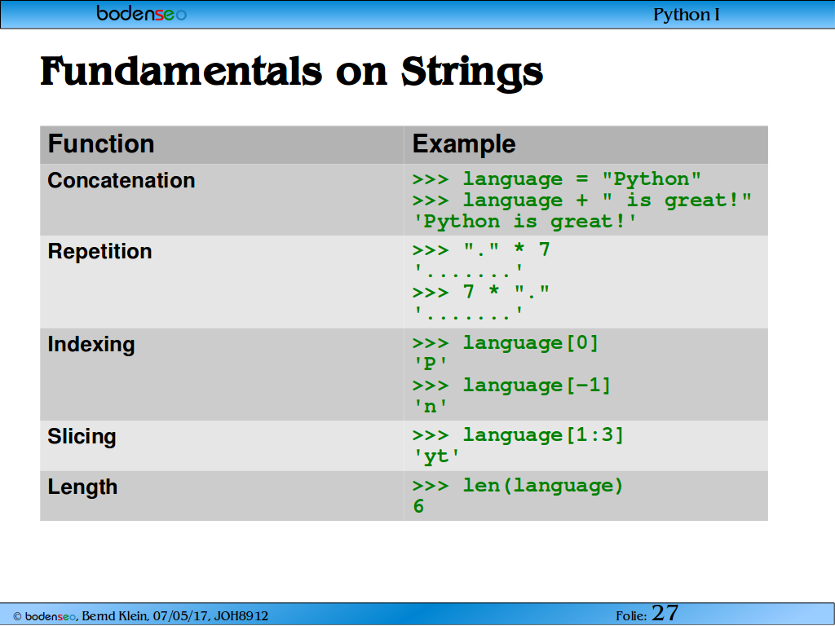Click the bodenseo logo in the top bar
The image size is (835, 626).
[x=141, y=13]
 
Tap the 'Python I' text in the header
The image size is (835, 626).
[x=687, y=15]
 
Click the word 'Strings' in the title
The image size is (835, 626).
[x=472, y=73]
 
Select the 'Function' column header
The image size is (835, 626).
[x=101, y=143]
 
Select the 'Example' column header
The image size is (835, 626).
[x=464, y=143]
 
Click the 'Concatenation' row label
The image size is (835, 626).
[x=121, y=180]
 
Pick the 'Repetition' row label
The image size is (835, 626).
[x=100, y=252]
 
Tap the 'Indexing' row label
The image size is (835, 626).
[x=91, y=345]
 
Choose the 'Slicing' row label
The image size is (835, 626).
[x=82, y=437]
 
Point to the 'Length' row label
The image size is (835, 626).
[x=82, y=487]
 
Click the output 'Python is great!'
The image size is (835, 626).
[x=525, y=222]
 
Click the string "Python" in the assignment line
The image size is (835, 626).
[x=652, y=179]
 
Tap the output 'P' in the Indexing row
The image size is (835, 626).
[x=431, y=364]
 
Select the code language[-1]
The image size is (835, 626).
[x=537, y=386]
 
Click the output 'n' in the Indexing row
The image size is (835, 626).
[x=431, y=407]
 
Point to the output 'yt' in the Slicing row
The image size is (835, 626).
[x=436, y=456]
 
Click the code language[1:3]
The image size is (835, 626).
[x=542, y=435]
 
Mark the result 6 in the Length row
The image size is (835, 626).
[x=418, y=506]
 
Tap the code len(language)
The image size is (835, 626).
[x=542, y=486]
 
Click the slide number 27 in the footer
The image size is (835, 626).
[x=665, y=613]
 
